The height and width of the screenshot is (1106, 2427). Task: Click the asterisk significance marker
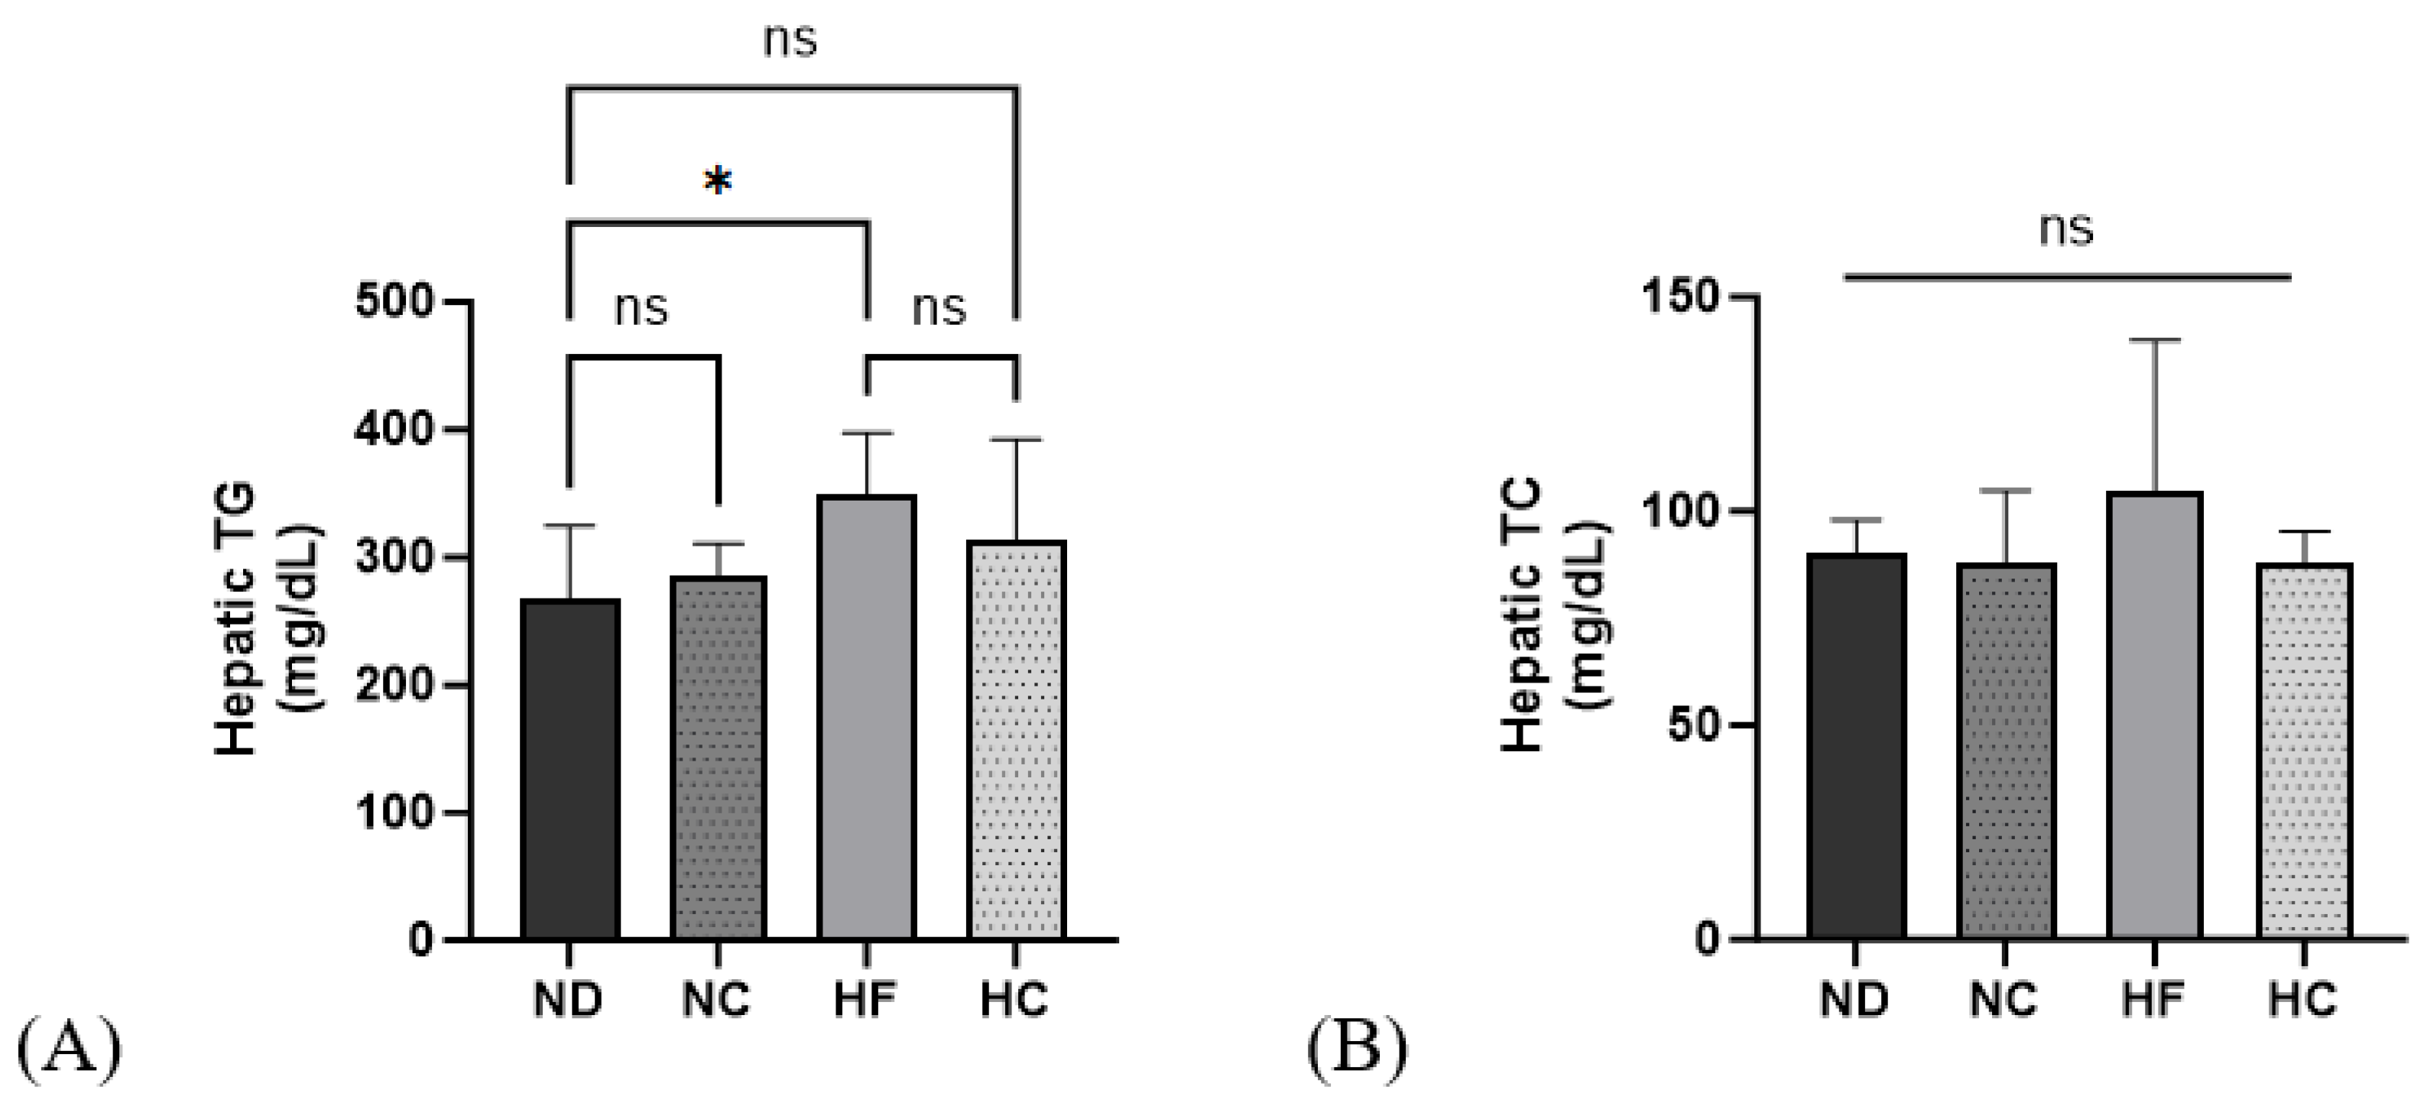point(718,182)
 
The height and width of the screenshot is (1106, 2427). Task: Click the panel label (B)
point(1357,1049)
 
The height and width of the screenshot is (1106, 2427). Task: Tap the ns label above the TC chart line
point(2066,229)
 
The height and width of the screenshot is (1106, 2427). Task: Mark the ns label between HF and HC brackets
point(939,308)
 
